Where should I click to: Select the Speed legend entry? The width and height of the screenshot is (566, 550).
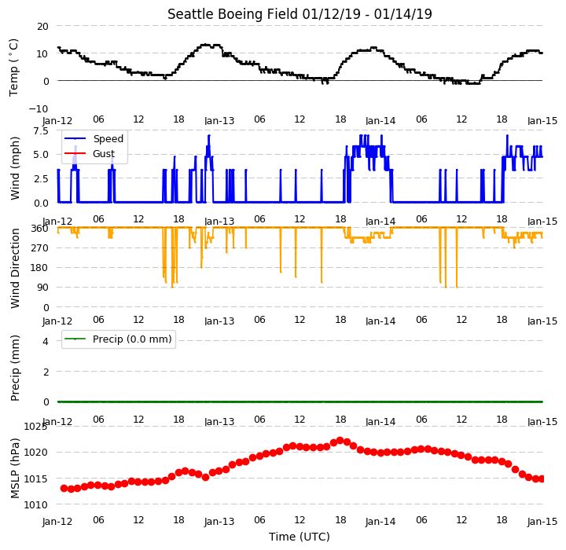click(x=94, y=138)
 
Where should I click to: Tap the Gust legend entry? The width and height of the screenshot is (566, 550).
click(x=90, y=154)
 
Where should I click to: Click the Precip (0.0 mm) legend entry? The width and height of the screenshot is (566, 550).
click(x=118, y=339)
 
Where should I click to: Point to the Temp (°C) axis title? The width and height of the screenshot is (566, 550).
click(x=13, y=68)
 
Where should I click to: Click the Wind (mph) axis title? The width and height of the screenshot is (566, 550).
click(x=14, y=168)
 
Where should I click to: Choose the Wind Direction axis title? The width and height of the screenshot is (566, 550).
click(x=14, y=268)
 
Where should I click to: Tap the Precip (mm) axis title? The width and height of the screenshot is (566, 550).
click(x=14, y=368)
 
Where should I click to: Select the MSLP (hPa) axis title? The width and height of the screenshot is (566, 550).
click(x=14, y=468)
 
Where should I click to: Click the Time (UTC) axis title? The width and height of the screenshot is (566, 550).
click(x=300, y=537)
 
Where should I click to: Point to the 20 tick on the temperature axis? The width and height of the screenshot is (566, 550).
click(x=42, y=27)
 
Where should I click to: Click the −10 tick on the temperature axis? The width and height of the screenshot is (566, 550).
click(x=39, y=108)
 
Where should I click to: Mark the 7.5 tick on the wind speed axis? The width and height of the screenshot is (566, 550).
click(x=41, y=131)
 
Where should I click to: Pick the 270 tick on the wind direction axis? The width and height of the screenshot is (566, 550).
click(x=40, y=248)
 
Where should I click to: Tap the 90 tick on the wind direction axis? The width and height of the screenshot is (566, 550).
click(x=42, y=288)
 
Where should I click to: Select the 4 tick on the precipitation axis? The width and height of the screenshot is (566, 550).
click(x=46, y=341)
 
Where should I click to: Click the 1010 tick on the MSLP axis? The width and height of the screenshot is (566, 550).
click(x=35, y=505)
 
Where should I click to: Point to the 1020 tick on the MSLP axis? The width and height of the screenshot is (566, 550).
click(x=35, y=453)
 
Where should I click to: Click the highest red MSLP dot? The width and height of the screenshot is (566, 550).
click(x=340, y=441)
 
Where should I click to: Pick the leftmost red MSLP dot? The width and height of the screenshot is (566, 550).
click(x=64, y=488)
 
